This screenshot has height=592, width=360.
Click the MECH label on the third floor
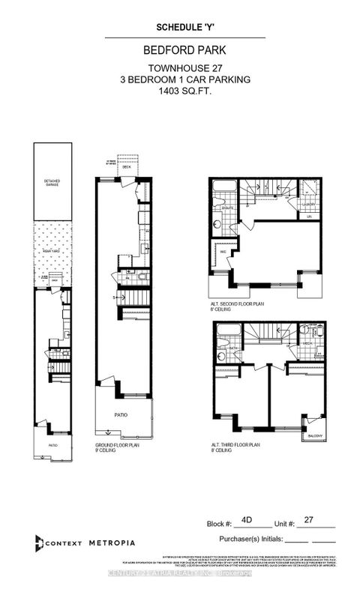coord(307,344)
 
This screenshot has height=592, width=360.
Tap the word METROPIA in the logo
coord(89,542)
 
